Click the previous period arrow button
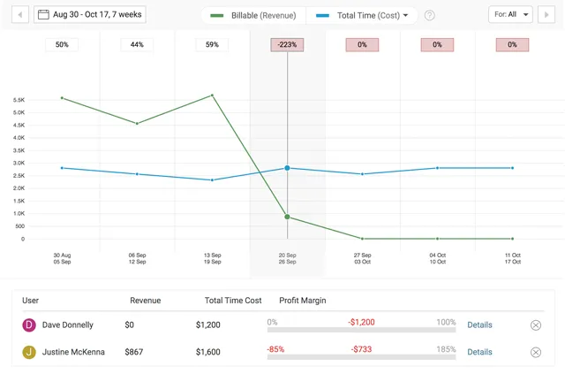[19, 15]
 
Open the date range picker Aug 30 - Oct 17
[90, 15]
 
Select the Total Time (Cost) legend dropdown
[363, 15]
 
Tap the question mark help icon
[430, 16]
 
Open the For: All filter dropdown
[511, 15]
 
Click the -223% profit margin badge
[287, 45]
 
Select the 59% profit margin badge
[212, 45]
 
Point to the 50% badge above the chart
[62, 45]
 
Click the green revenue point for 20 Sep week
[287, 217]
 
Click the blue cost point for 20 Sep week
[287, 168]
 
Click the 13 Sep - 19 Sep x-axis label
[212, 259]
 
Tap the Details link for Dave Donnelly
[479, 325]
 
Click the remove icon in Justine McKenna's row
[536, 353]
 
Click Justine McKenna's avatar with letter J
[29, 352]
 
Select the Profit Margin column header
[303, 301]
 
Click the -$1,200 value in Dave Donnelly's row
[361, 323]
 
